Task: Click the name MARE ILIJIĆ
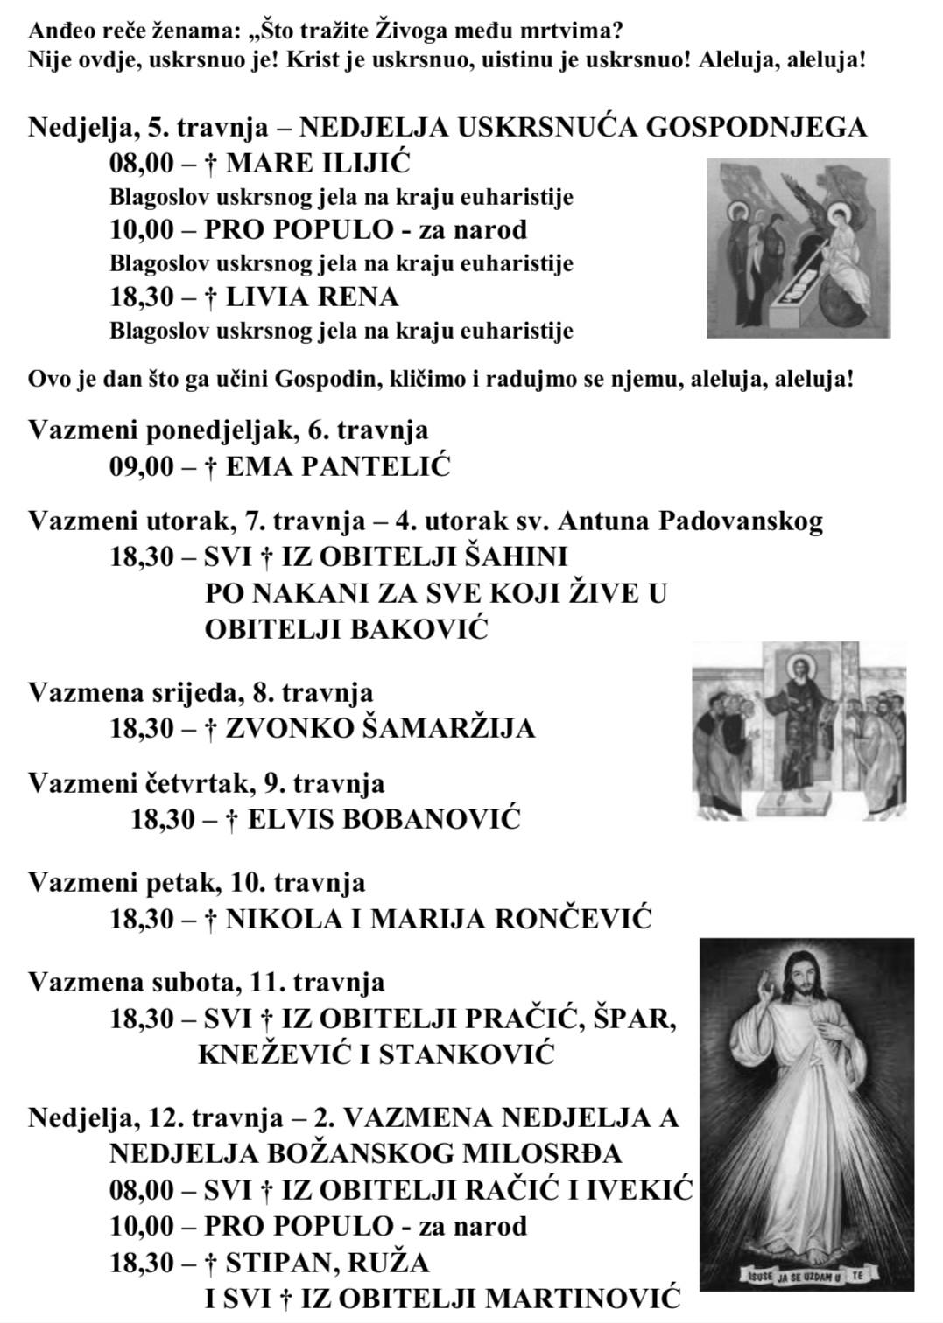(318, 163)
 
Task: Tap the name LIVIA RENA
(312, 297)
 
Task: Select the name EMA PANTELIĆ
(338, 466)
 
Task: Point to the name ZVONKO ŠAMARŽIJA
(380, 728)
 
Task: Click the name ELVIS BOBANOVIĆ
(384, 820)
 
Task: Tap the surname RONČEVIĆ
(574, 919)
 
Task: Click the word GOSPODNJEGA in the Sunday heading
(757, 128)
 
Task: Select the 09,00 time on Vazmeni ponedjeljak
(142, 466)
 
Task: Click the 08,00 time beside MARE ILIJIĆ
(142, 163)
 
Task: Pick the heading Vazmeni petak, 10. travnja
(197, 883)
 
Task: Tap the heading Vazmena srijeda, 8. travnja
(201, 692)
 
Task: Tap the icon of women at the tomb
(798, 248)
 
